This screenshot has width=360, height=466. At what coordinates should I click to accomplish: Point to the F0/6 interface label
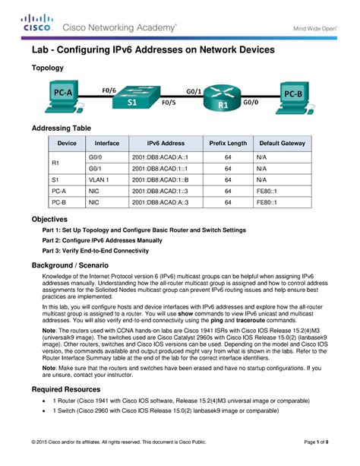pyautogui.click(x=109, y=89)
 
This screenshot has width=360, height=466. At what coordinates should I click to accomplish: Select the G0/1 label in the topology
pyautogui.click(x=194, y=89)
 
